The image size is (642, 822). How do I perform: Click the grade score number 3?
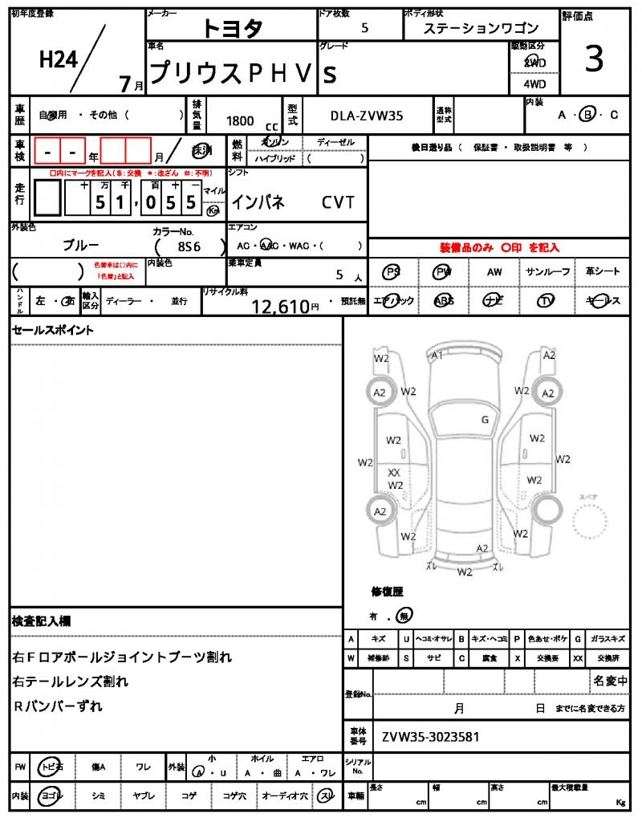coord(594,60)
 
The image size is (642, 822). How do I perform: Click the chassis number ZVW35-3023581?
coord(430,736)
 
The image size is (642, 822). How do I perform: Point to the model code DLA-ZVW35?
coord(367,116)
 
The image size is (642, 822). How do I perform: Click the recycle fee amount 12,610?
coord(280,306)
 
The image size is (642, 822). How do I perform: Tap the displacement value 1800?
coord(240,120)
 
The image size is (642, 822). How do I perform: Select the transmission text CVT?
coord(338,202)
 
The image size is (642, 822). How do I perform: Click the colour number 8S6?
coord(189,246)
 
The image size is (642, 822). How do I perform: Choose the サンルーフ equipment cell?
coord(547,272)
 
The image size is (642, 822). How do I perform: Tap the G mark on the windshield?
coord(485,419)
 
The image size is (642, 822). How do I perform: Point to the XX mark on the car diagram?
coord(394,473)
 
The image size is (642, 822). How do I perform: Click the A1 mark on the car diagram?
coord(437,356)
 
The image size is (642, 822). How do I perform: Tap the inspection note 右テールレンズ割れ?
coord(71,682)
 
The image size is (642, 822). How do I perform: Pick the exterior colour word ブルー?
coord(81,245)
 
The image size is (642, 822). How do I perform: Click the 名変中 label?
coord(611,681)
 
